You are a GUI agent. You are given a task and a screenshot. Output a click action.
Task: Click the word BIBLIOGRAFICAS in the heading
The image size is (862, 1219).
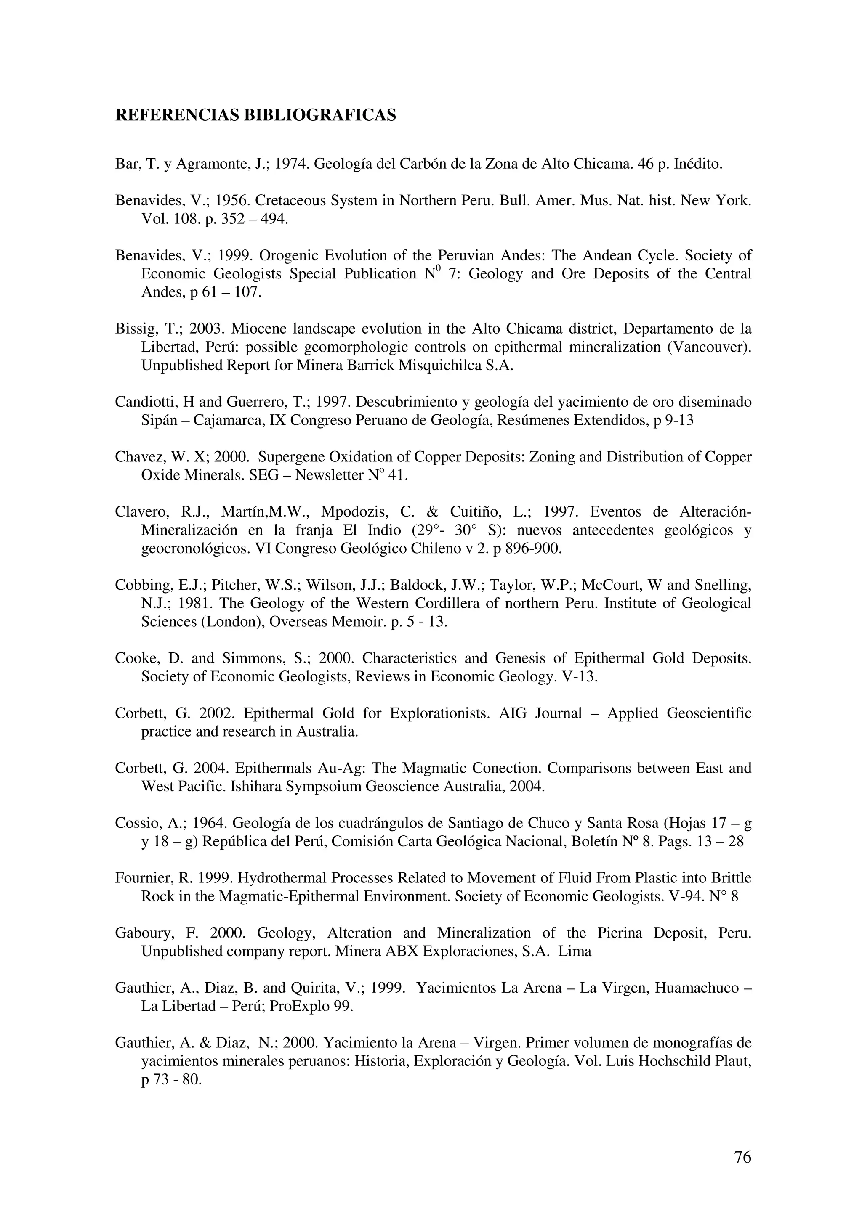click(x=319, y=115)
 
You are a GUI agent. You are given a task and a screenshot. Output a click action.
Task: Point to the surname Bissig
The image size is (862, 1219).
click(x=132, y=329)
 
